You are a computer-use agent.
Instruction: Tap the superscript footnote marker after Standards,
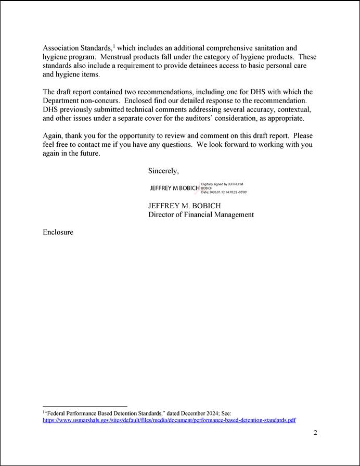114,46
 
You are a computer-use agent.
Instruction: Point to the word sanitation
268,48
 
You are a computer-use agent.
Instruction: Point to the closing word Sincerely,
163,171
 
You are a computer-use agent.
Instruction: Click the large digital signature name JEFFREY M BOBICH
174,188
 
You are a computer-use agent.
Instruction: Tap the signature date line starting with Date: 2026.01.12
224,193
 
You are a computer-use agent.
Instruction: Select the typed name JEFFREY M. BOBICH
185,206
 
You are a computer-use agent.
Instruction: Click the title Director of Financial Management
201,215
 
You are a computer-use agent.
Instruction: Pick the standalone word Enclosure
58,232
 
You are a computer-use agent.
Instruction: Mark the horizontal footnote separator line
85,406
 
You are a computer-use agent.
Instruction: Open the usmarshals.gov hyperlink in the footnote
169,420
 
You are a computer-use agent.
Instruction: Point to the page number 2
315,433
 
